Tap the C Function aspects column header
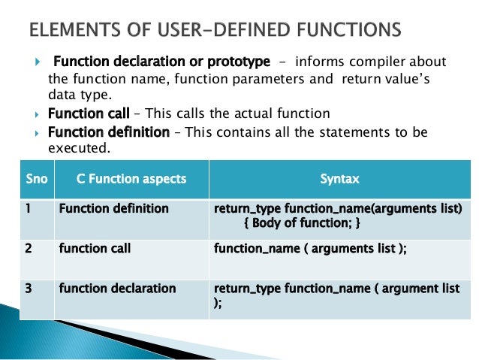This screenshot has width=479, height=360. coord(131,179)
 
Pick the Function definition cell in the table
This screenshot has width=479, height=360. coord(113,208)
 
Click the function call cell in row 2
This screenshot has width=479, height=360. coord(95,248)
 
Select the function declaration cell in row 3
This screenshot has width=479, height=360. coord(117,288)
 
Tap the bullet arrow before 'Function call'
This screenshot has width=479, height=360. coord(40,115)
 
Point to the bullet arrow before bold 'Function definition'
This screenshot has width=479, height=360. coord(40,133)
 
